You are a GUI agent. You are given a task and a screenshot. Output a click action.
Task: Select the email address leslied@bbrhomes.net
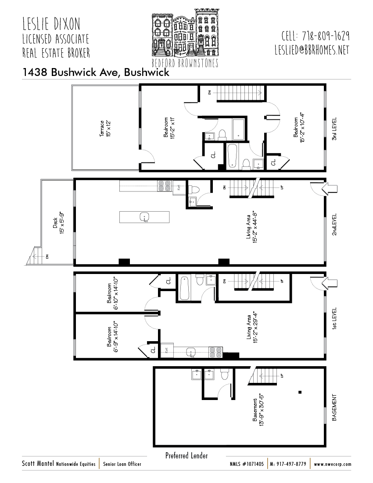312,50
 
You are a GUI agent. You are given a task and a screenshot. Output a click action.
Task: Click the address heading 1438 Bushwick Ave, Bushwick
96,72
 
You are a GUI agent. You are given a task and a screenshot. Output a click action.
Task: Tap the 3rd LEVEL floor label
334,129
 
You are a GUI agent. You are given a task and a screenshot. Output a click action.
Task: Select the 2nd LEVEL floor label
334,224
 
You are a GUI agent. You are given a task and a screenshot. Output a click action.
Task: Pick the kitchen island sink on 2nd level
144,217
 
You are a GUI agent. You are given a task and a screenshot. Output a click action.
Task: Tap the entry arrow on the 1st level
329,283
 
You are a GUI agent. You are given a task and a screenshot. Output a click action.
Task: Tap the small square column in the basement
300,392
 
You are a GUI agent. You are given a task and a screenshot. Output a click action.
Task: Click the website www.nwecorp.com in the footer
332,464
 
